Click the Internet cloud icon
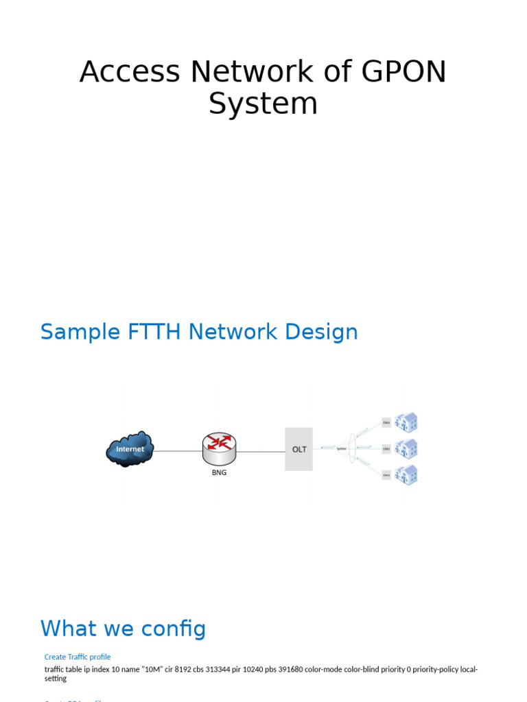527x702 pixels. tap(130, 449)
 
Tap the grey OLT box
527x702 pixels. tap(299, 449)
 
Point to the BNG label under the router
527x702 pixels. tap(219, 472)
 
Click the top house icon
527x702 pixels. tap(406, 422)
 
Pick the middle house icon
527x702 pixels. tap(406, 448)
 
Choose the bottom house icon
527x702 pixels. tap(406, 474)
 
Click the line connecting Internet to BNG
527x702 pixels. tap(177, 451)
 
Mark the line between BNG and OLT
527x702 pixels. tap(260, 451)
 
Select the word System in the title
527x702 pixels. tap(263, 104)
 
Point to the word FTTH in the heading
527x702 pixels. tap(150, 332)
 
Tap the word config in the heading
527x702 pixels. tap(174, 628)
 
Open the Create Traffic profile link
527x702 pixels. tap(78, 657)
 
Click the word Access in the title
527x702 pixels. tap(129, 72)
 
